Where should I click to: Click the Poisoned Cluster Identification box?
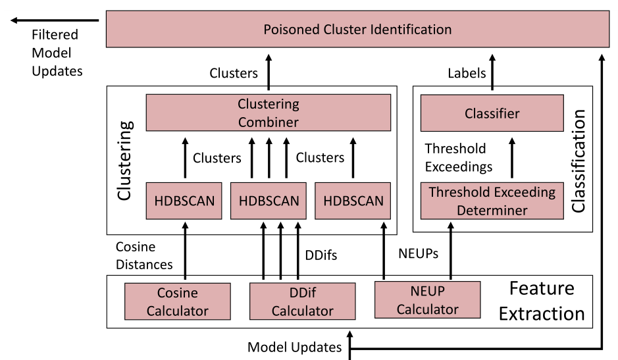pos(357,30)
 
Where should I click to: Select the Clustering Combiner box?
pos(268,113)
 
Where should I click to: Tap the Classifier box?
pos(492,113)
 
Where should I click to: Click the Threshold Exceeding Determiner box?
pos(492,201)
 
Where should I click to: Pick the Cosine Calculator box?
pos(177,302)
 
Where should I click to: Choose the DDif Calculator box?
pos(302,302)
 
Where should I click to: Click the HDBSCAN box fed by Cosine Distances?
pos(184,201)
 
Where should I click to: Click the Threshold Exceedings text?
pos(458,157)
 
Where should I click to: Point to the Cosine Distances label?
pos(144,255)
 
